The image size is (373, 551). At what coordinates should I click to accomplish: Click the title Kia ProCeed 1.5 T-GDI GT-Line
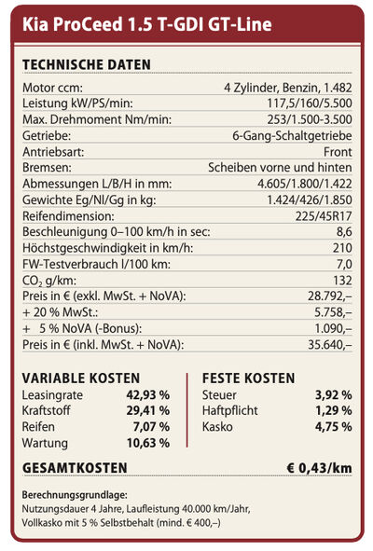click(147, 24)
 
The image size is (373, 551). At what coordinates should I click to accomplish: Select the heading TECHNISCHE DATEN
click(87, 64)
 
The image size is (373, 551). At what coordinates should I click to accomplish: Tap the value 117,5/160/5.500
click(310, 103)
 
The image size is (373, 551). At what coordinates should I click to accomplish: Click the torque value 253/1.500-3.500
click(310, 119)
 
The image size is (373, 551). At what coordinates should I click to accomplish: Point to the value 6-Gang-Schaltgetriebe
click(292, 135)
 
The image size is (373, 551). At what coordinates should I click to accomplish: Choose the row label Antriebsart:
click(53, 152)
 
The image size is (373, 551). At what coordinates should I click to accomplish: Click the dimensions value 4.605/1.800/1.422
click(304, 184)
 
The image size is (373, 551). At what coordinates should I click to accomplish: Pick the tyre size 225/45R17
click(324, 216)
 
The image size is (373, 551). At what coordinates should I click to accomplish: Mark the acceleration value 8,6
click(344, 232)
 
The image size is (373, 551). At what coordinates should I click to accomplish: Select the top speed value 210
click(342, 248)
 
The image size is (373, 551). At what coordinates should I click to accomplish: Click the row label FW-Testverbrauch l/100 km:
click(96, 264)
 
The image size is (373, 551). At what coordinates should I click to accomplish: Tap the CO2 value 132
click(343, 280)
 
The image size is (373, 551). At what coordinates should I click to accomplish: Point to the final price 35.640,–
click(330, 345)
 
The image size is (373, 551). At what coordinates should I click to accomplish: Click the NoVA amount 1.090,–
click(333, 328)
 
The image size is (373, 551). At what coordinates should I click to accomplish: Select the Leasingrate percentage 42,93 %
click(148, 394)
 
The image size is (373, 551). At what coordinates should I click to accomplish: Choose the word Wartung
click(45, 443)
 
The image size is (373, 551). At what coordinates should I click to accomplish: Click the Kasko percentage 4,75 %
click(333, 427)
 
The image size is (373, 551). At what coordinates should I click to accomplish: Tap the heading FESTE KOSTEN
click(249, 379)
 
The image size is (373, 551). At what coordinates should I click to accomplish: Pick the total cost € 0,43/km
click(319, 468)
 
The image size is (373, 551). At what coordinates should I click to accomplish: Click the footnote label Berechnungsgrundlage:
click(75, 495)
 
